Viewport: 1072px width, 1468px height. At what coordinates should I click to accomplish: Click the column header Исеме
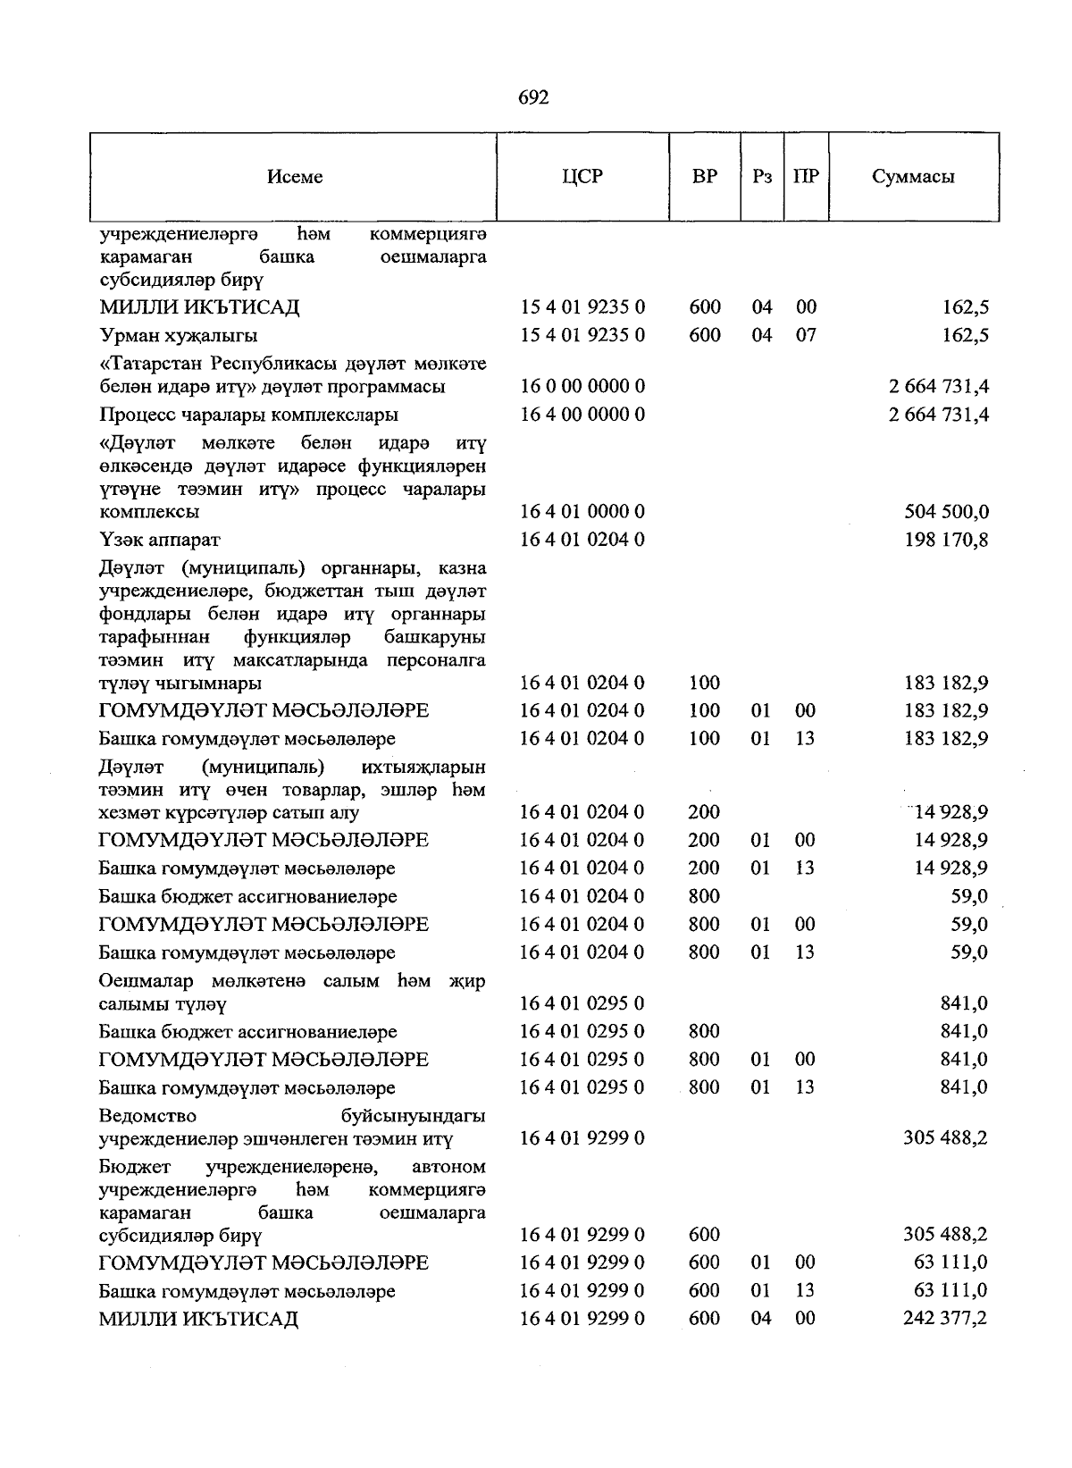[x=295, y=177]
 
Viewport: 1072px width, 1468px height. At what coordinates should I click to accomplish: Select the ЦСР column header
[x=582, y=177]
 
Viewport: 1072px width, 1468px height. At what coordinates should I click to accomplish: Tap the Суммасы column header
[x=913, y=177]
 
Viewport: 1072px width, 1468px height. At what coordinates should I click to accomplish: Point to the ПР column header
[x=806, y=177]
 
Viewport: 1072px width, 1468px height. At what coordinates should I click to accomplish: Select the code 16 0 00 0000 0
[x=582, y=387]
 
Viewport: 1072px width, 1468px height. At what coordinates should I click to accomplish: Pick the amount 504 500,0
[x=947, y=512]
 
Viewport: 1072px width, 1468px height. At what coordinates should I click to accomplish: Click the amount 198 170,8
[x=947, y=540]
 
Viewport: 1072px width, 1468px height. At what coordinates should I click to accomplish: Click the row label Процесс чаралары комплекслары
[x=248, y=415]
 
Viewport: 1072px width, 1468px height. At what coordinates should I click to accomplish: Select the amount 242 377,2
[x=945, y=1318]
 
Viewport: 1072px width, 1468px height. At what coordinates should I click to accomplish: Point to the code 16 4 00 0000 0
[x=582, y=415]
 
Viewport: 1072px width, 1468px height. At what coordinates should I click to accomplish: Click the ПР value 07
[x=806, y=336]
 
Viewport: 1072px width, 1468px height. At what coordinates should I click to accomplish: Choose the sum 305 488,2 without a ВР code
[x=945, y=1139]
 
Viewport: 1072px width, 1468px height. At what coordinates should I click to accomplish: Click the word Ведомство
[x=147, y=1116]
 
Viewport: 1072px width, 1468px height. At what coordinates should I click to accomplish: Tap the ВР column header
[x=705, y=177]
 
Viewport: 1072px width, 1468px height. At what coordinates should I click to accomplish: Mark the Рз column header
[x=762, y=177]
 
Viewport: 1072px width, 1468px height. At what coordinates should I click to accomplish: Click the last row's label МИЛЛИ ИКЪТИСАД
[x=198, y=1319]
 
